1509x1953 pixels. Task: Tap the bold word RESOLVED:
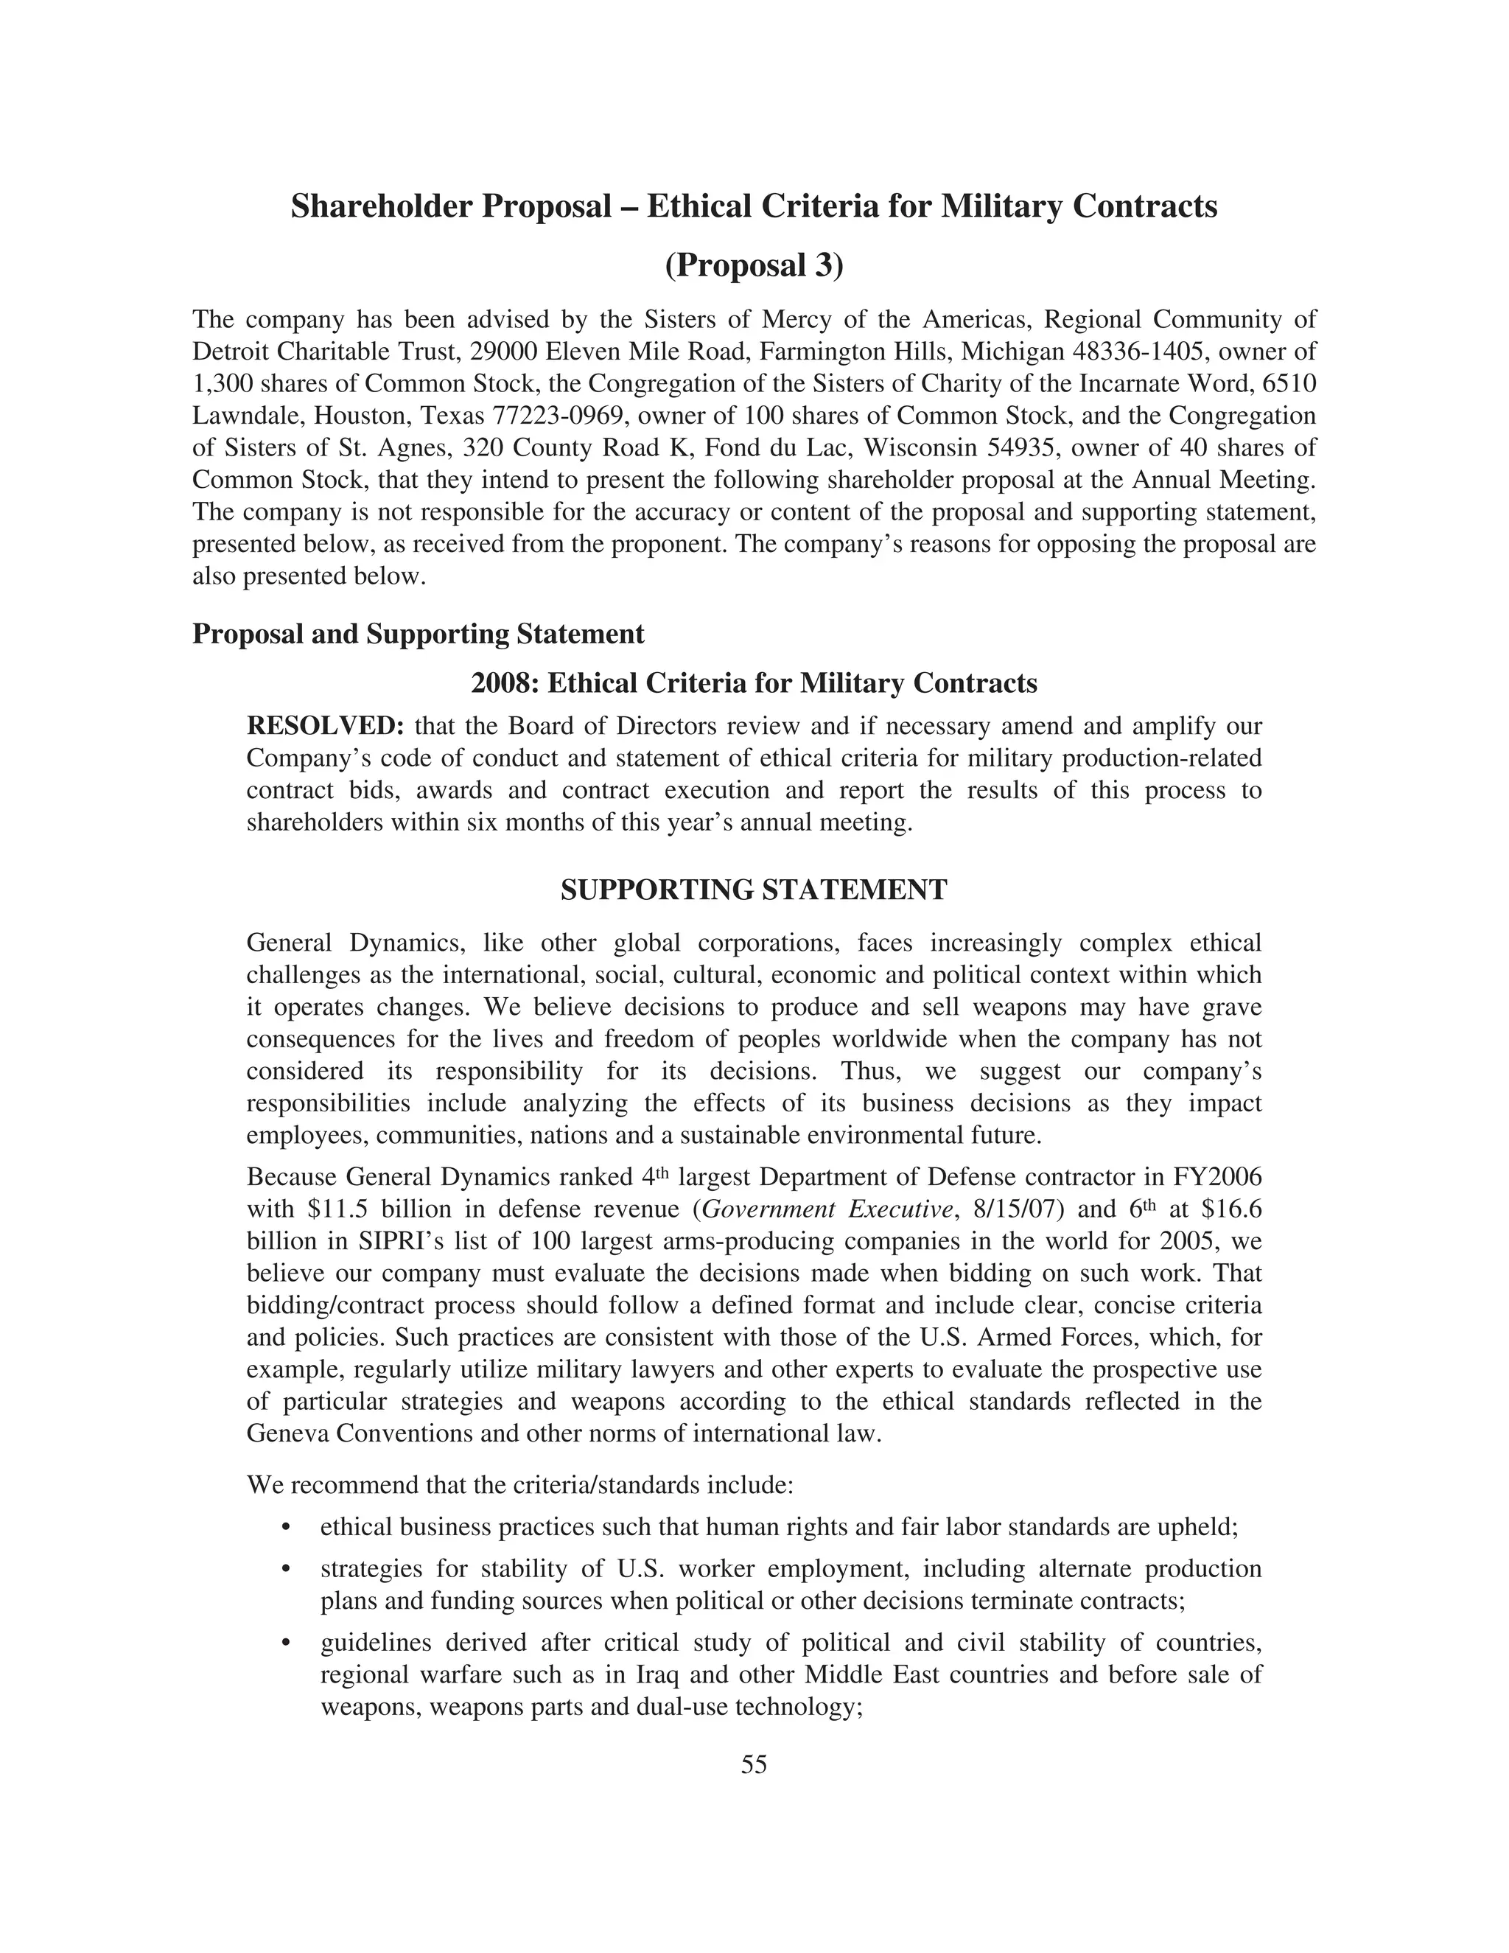click(326, 725)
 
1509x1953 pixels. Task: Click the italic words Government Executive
click(826, 1209)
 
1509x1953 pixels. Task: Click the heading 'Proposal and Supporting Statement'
click(418, 634)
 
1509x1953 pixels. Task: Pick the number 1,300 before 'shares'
click(221, 384)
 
